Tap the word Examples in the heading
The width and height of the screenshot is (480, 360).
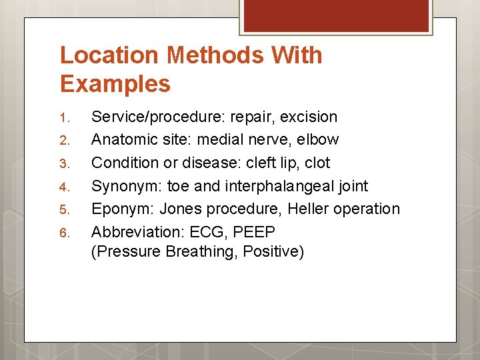pos(115,84)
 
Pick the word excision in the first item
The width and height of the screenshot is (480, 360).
pos(309,117)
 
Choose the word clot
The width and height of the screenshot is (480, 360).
pos(316,163)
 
